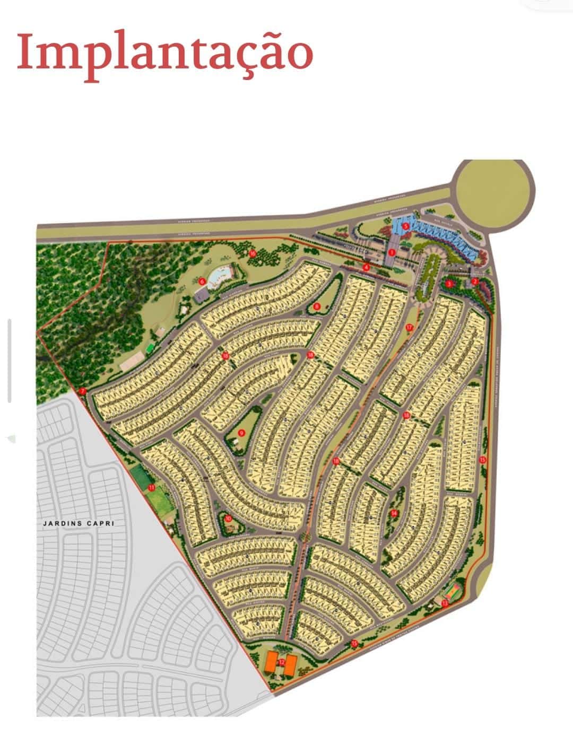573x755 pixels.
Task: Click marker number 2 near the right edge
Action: tap(475, 282)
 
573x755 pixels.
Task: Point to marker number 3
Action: tap(449, 284)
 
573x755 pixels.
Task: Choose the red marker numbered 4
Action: tap(366, 267)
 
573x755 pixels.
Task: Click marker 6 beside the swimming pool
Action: tap(202, 282)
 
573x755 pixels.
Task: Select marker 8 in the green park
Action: tap(316, 306)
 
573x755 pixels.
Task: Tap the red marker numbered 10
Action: tap(228, 519)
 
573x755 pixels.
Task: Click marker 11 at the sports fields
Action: tap(151, 487)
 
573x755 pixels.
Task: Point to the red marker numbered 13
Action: tap(445, 603)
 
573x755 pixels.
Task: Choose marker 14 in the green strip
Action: tap(394, 513)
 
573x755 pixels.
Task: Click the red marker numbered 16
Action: tap(253, 253)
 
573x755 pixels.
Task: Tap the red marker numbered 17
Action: tap(409, 327)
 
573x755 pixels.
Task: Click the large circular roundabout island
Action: tap(492, 194)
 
